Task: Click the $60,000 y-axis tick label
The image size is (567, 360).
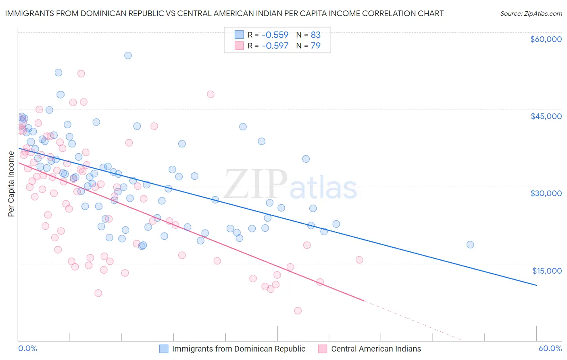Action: point(546,39)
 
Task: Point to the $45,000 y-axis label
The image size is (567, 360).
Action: point(546,116)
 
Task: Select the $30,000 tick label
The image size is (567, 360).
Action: point(546,193)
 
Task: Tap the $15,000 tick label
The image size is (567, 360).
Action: point(547,271)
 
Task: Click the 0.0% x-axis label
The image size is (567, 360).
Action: point(27,348)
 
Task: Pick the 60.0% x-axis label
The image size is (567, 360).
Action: point(550,348)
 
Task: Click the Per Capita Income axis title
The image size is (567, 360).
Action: point(11,184)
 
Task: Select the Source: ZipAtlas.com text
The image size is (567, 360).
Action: point(531,14)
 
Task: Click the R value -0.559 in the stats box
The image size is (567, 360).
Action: point(275,35)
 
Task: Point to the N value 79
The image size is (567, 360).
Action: point(315,46)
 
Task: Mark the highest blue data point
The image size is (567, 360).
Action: point(128,55)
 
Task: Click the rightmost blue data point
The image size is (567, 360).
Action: point(470,245)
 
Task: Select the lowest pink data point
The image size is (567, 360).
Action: point(298,311)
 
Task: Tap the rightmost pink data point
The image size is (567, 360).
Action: point(359,260)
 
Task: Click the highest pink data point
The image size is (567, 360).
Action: point(81,73)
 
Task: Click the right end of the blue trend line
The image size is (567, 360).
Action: point(536,285)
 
